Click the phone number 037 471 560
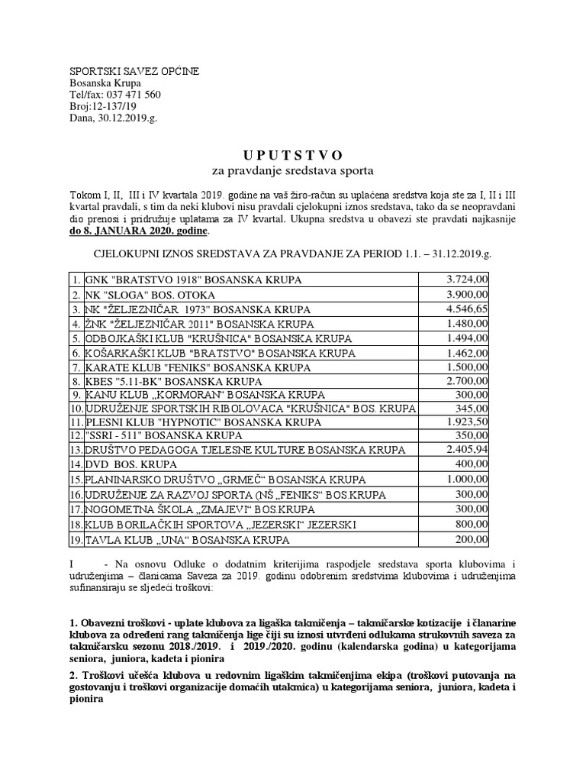134,95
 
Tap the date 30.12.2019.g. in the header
127,118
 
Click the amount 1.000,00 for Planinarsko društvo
467,480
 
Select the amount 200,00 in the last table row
472,541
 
